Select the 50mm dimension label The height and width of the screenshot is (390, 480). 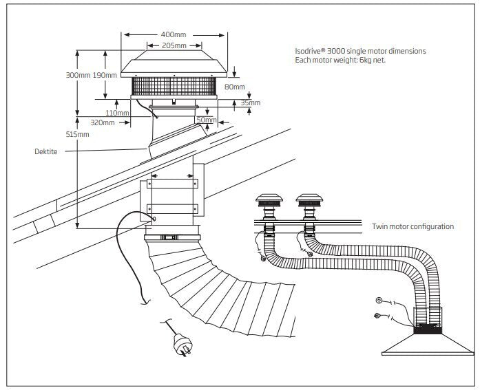click(206, 120)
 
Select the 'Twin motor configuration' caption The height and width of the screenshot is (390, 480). click(413, 226)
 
